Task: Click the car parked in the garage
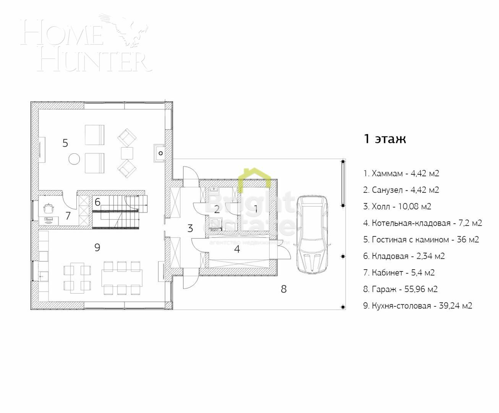pos(312,234)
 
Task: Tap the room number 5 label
pos(65,143)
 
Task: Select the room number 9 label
pos(97,247)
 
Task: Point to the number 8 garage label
pos(284,289)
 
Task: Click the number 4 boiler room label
pos(237,249)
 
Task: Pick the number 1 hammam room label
pos(256,208)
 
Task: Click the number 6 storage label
pos(97,202)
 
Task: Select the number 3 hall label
pos(190,229)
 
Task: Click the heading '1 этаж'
pos(384,139)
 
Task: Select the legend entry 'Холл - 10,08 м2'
pos(397,206)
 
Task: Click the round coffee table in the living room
pos(74,159)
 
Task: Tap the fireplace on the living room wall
pos(160,153)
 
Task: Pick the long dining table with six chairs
pos(122,278)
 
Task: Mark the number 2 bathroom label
pos(217,209)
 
